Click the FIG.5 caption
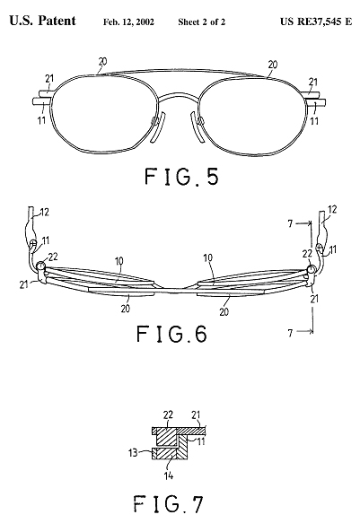tap(181, 177)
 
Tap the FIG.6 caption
tap(171, 334)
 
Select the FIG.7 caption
tap(168, 504)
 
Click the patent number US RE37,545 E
tap(316, 22)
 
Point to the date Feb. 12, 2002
tap(128, 22)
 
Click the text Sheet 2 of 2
tap(201, 22)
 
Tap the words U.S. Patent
tap(42, 21)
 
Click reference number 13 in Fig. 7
tap(133, 452)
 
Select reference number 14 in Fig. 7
tap(169, 475)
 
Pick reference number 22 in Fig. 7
tap(168, 414)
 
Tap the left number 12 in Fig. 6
tap(45, 213)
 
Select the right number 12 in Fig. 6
tap(332, 209)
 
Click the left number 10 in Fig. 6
tap(119, 262)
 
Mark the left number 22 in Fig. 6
tap(53, 257)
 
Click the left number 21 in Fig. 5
tap(49, 79)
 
